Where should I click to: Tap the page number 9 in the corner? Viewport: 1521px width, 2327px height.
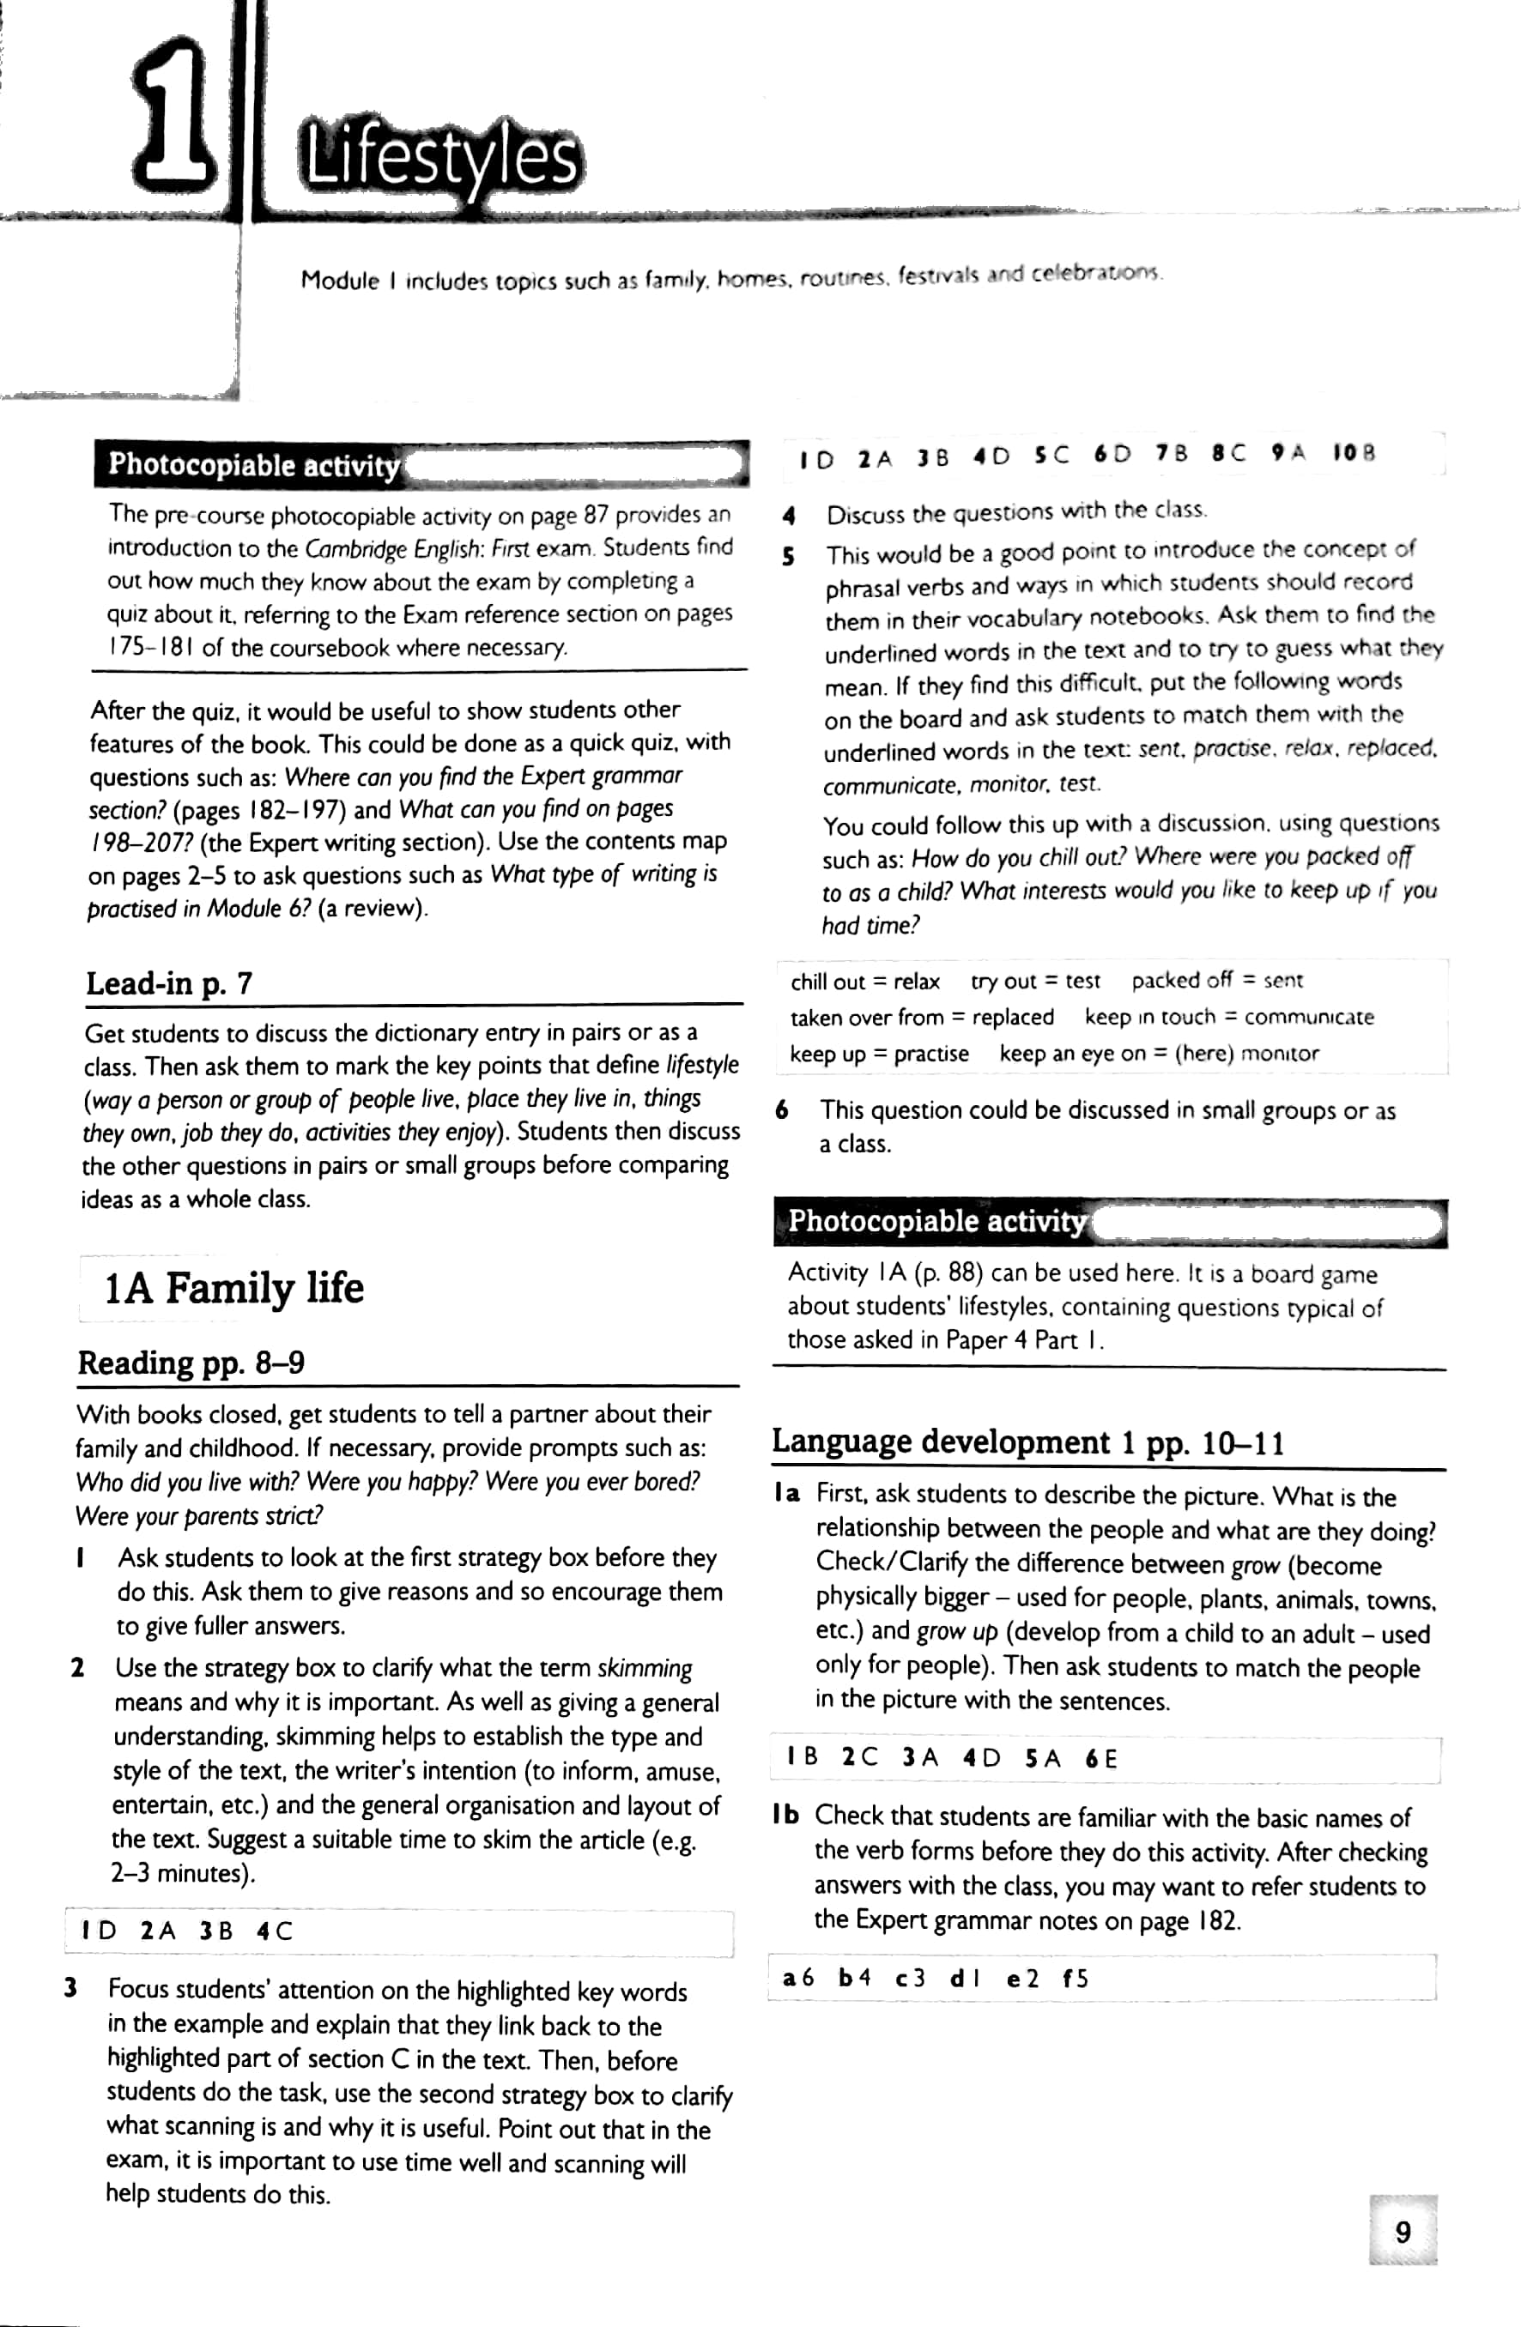click(1403, 2231)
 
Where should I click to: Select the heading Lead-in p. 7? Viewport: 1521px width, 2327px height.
click(168, 982)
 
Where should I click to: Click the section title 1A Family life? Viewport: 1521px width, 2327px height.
click(233, 1288)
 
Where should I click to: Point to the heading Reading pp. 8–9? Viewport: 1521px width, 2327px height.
click(191, 1362)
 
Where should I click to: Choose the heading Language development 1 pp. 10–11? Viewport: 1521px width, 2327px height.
click(1027, 1442)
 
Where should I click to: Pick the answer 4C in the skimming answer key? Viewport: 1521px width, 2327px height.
click(274, 1931)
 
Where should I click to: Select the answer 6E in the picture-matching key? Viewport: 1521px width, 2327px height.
click(1100, 1759)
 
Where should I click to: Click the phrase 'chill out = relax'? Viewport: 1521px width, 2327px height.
click(864, 982)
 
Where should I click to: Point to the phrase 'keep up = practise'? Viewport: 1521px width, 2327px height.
click(878, 1054)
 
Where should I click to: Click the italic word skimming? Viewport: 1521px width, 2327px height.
click(645, 1668)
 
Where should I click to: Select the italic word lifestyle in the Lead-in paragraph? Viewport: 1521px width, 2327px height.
click(702, 1065)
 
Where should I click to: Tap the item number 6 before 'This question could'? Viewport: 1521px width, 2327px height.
click(782, 1109)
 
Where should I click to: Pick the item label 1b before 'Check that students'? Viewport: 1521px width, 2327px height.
click(785, 1816)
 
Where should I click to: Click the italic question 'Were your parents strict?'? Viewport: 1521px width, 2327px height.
click(198, 1516)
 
